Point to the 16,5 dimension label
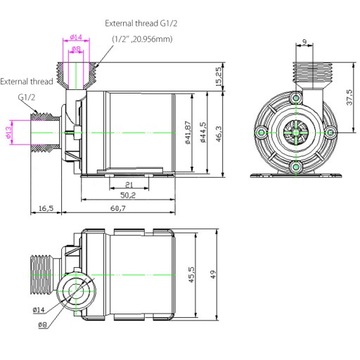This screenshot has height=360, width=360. (47, 207)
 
